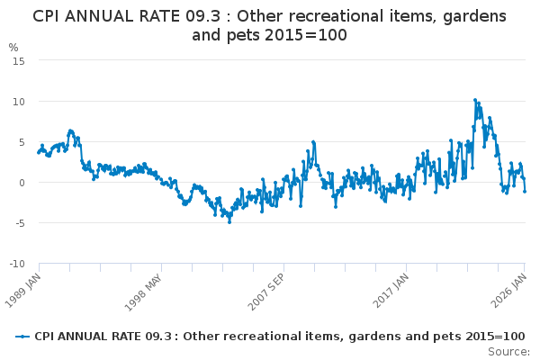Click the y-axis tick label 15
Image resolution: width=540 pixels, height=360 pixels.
18,60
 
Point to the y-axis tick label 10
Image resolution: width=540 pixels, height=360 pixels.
18,101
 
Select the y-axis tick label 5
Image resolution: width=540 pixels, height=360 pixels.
21,141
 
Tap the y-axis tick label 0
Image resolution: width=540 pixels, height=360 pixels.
21,183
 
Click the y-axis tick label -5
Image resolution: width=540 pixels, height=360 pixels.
18,223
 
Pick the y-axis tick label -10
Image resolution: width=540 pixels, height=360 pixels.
15,264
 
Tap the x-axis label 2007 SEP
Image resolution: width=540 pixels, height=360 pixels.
267,289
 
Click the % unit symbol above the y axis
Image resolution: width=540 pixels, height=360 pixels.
13,47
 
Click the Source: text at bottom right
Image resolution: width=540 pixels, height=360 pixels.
508,351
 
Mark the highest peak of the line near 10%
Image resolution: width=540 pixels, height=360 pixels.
475,100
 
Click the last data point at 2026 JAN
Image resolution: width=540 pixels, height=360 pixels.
525,191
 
